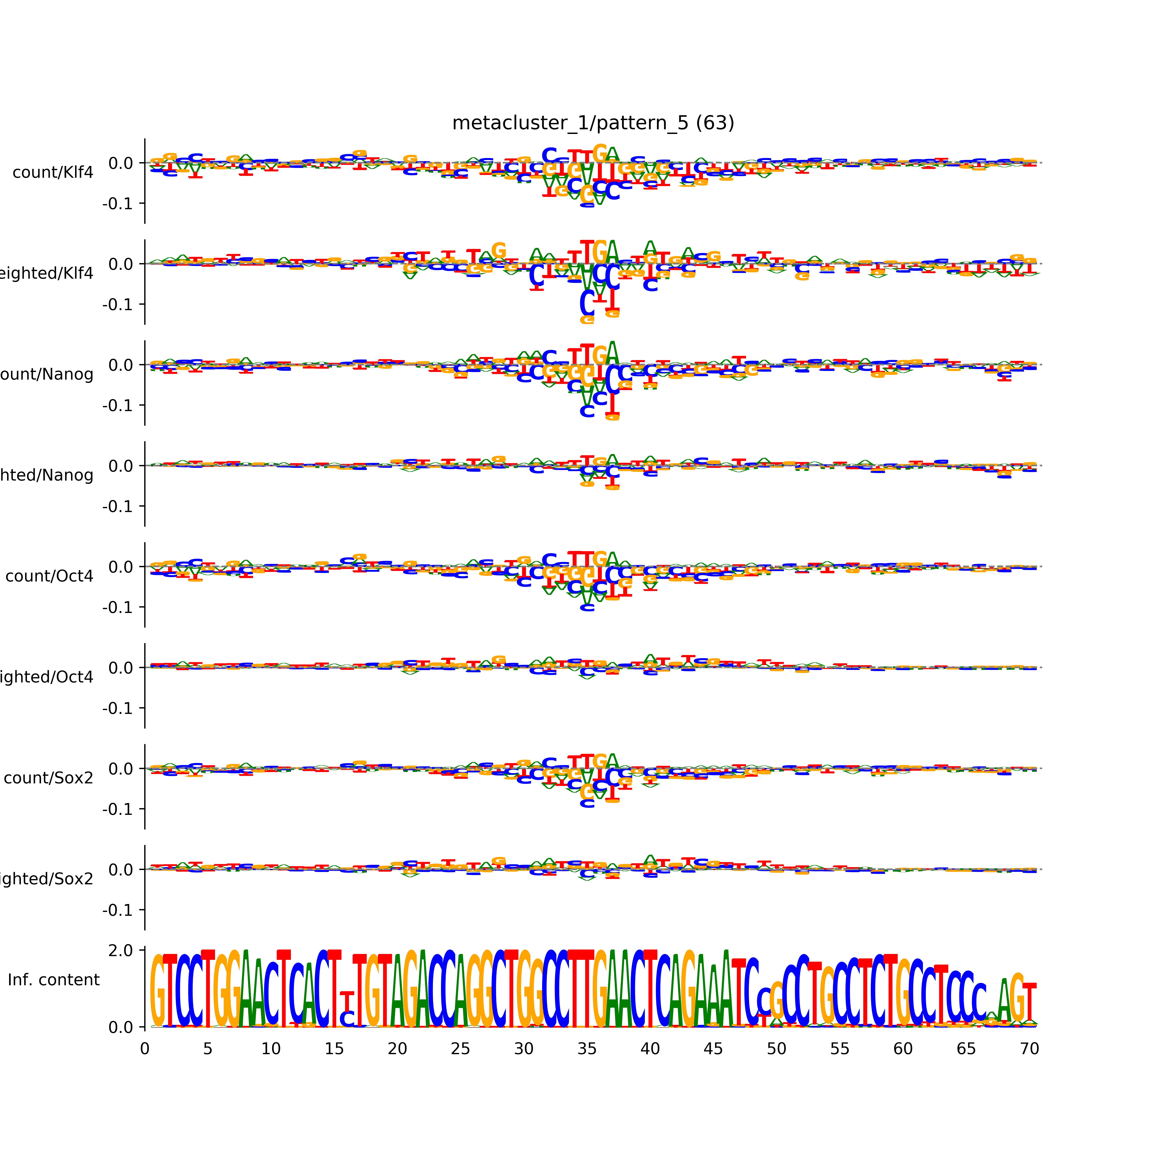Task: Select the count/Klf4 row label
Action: (53, 173)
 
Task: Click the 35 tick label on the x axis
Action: (587, 1049)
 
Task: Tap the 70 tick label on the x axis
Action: (1029, 1049)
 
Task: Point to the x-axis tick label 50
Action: (776, 1049)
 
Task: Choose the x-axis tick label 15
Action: (334, 1049)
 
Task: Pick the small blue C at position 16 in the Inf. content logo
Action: (346, 1018)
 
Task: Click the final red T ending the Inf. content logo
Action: (1029, 1004)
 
